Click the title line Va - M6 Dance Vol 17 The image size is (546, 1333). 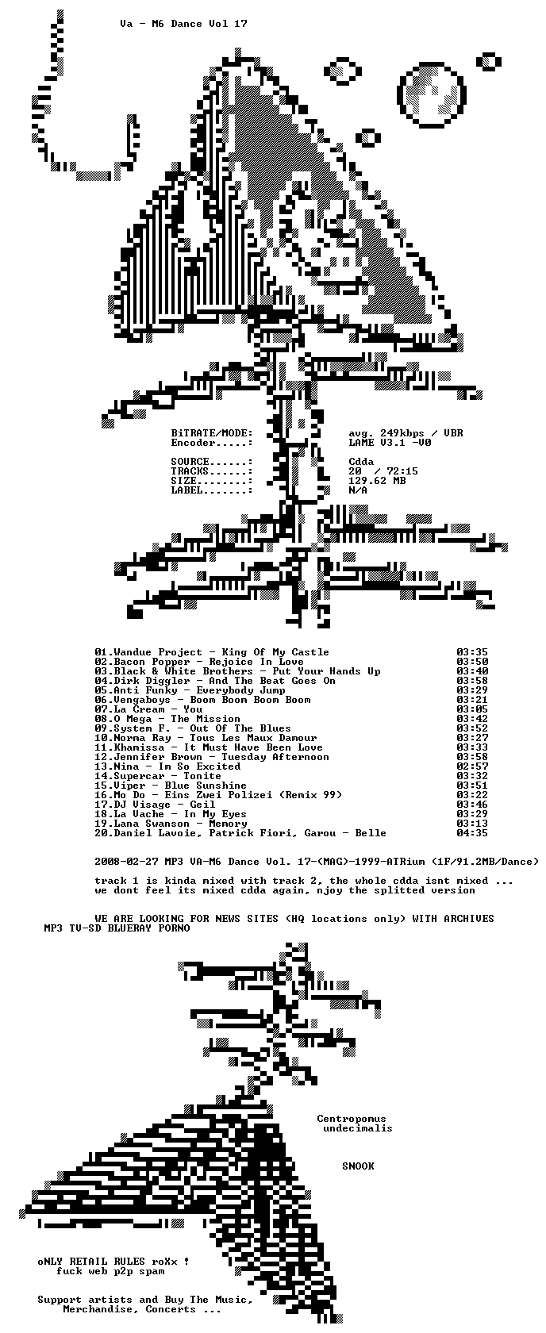[183, 24]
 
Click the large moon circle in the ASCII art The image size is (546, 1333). [431, 94]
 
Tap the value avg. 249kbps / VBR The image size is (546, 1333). [406, 433]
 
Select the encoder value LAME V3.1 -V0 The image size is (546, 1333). [390, 443]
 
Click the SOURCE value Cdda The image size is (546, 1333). [361, 462]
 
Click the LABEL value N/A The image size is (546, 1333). [358, 490]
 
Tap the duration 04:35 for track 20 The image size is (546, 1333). [472, 833]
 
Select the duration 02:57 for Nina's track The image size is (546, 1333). [472, 766]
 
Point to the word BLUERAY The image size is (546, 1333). [129, 928]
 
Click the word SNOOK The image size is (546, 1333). [358, 1166]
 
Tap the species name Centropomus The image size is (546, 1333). [352, 1119]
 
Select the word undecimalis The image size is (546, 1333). [358, 1128]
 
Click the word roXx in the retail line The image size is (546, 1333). [164, 1262]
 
